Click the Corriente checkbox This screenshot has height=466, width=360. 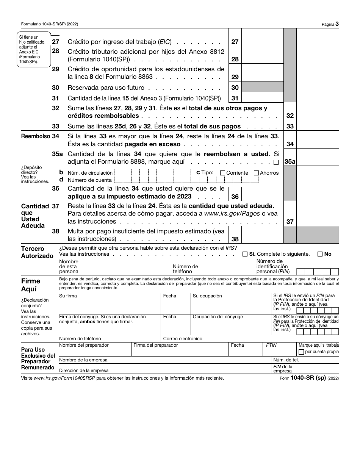pyautogui.click(x=223, y=173)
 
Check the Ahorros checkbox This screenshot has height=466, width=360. pyautogui.click(x=257, y=173)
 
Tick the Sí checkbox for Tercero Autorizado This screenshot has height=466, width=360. pyautogui.click(x=245, y=254)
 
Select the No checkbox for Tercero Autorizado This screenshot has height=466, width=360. pyautogui.click(x=320, y=254)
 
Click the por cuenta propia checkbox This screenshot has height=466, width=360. pyautogui.click(x=301, y=352)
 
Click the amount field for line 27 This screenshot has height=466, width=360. pyautogui.click(x=262, y=42)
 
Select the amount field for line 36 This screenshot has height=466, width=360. pyautogui.click(x=262, y=196)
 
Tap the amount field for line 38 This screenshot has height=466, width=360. pyautogui.click(x=262, y=239)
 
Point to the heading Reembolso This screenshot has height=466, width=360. pyautogui.click(x=35, y=136)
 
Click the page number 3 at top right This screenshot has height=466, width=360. pyautogui.click(x=337, y=24)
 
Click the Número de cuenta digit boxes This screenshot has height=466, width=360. pyautogui.click(x=182, y=180)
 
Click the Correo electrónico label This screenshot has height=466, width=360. pyautogui.click(x=182, y=339)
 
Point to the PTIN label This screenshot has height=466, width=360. pyautogui.click(x=271, y=345)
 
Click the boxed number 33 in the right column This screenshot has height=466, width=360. pyautogui.click(x=290, y=127)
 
